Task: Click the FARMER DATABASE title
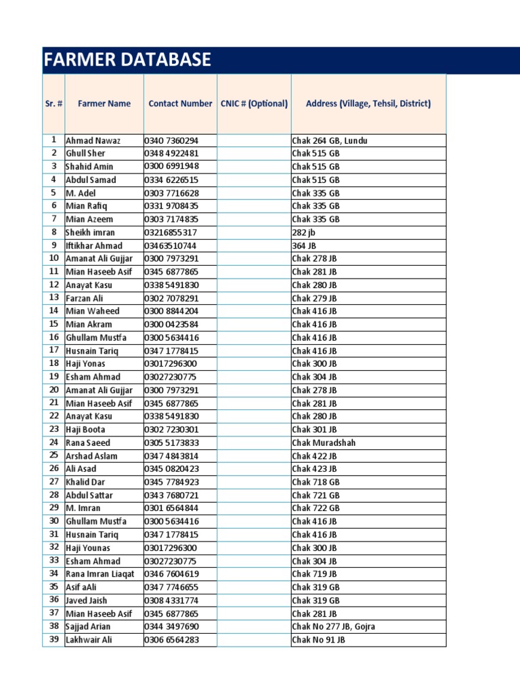[127, 60]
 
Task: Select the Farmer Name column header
[104, 104]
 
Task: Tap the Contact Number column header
[180, 104]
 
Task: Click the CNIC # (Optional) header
[254, 104]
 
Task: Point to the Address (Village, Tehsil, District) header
[368, 104]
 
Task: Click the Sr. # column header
[53, 104]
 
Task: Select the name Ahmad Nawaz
[93, 140]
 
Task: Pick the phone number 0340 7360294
[171, 140]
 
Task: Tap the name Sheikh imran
[90, 232]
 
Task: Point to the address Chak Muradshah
[324, 443]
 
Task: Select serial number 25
[53, 455]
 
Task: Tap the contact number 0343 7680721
[171, 495]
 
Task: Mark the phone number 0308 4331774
[171, 600]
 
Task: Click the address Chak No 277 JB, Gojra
[333, 627]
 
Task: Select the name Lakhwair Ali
[89, 640]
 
